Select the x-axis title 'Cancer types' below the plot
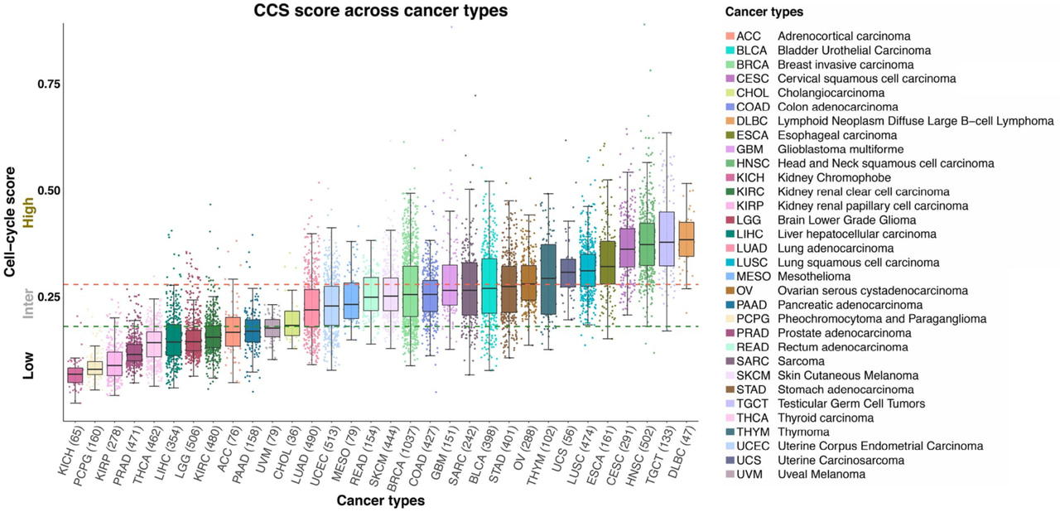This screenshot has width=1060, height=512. [x=380, y=500]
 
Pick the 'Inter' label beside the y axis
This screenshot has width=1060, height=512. [x=29, y=305]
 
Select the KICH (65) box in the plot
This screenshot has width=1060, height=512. [x=75, y=375]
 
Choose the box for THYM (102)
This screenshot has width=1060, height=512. [x=548, y=279]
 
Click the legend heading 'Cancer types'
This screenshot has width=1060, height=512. [x=764, y=12]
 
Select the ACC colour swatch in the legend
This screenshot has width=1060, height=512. [x=730, y=36]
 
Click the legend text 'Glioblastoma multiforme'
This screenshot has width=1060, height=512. [x=837, y=149]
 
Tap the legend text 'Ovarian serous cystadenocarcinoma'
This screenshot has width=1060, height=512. [x=873, y=291]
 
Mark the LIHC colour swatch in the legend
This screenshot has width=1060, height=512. [x=730, y=234]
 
